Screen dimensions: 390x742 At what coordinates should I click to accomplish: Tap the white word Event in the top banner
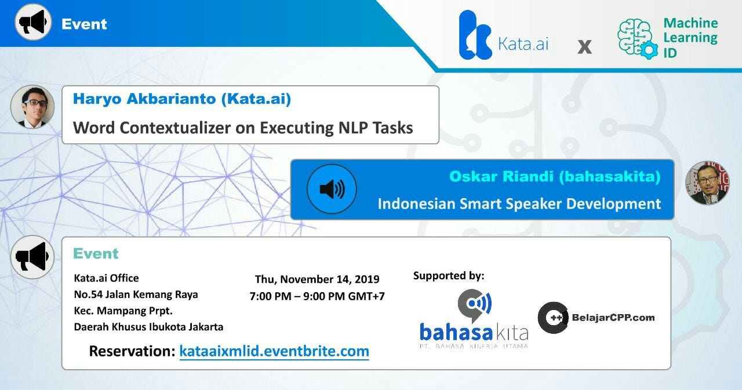tap(84, 24)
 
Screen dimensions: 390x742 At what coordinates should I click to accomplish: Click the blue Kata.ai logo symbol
tap(475, 35)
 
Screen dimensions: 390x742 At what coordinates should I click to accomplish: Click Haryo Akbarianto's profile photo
tap(32, 107)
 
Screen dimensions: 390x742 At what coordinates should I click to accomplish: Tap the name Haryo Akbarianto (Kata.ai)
tap(182, 99)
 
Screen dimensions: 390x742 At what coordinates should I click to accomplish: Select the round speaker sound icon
tap(332, 189)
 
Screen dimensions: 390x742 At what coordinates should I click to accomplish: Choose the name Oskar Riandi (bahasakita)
tap(555, 176)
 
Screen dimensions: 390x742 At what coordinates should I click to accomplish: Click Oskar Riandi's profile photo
tap(707, 183)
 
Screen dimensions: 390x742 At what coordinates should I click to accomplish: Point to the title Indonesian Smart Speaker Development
tap(519, 203)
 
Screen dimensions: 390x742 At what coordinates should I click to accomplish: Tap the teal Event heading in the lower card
tap(96, 253)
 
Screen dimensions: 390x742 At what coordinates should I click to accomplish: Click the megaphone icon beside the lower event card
tap(32, 257)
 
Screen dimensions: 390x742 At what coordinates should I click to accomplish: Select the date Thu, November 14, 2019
tap(317, 279)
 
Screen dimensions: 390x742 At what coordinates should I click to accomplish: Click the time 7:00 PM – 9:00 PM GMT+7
tap(317, 296)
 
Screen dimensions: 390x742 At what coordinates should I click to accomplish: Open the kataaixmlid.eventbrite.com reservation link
tap(274, 351)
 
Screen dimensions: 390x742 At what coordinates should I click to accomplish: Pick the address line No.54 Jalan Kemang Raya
tap(136, 294)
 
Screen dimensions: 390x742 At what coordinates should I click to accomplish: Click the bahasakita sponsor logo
tap(474, 319)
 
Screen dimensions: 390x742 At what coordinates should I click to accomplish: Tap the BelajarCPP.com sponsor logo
tap(596, 318)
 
